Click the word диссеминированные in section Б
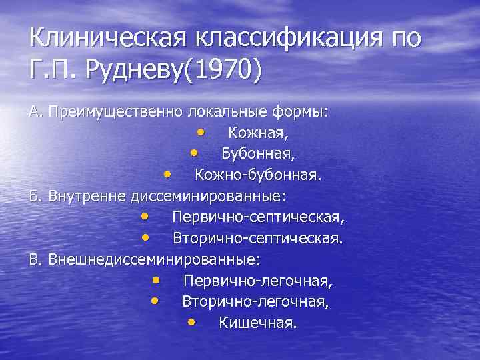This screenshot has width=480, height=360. (209, 196)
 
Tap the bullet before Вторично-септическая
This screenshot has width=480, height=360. (145, 237)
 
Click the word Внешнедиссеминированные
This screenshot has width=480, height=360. (154, 258)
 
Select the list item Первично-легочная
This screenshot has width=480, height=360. (258, 280)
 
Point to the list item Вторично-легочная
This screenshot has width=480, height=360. (256, 301)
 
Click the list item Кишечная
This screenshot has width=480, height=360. (258, 323)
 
